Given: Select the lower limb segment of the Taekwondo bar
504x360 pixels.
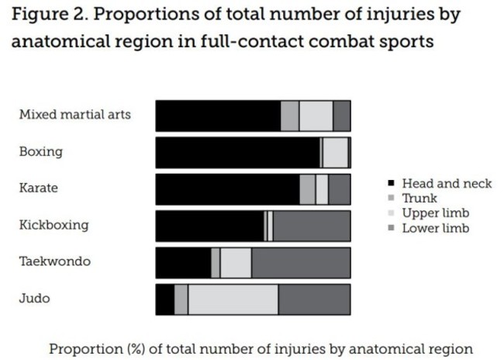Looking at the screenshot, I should coord(301,263).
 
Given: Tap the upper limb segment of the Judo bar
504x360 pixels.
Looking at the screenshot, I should coord(233,299).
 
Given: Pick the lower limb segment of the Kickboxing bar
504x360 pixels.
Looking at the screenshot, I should coord(311,226).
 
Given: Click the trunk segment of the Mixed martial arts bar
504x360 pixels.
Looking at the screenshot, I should coord(289,116).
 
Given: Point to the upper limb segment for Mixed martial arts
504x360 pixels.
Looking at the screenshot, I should coord(316,116).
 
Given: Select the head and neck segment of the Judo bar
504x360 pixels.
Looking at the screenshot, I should coord(164,299).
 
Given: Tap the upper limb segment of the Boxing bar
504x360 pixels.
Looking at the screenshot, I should coord(335,152).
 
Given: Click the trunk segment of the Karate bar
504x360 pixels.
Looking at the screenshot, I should coord(307,189).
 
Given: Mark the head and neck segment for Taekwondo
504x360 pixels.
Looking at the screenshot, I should coord(183,263).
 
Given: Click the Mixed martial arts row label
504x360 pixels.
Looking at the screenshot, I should coord(74,115).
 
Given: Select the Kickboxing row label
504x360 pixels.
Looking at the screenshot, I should coord(54,225).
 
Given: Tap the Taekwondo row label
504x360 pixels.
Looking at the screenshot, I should coord(54,261).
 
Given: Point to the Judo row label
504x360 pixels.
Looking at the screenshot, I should coord(35,298).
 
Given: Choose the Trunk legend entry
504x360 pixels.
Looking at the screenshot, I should coord(419,199).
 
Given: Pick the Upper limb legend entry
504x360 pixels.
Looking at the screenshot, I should coord(435,213).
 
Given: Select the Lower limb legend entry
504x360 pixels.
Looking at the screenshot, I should coord(435,228).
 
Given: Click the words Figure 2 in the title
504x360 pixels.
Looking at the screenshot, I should coord(45,15).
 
